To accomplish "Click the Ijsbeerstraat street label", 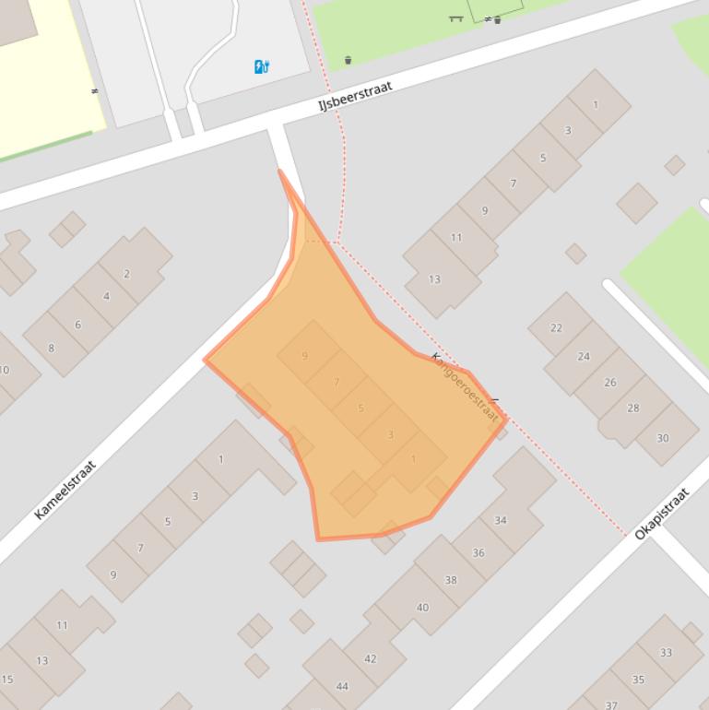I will pos(355,96).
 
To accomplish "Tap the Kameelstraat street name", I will pos(65,490).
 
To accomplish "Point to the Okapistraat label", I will pos(662,513).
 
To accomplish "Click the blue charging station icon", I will pos(262,66).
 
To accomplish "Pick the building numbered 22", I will pos(556,327).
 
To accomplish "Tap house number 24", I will pos(584,356).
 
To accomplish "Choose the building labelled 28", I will pos(632,408).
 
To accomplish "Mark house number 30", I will pos(663,438).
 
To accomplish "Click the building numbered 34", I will pos(501,520).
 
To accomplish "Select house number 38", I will pos(451,580).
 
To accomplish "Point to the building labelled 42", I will pos(371,658).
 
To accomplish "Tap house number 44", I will pos(342,686).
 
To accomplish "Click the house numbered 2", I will pos(127,273).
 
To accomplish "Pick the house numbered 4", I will pos(106,296).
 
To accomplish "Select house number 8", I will pos(51,348).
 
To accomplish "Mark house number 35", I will pos(638,680).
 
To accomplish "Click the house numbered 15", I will pos(7,680).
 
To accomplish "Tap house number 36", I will pos(478,552).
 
